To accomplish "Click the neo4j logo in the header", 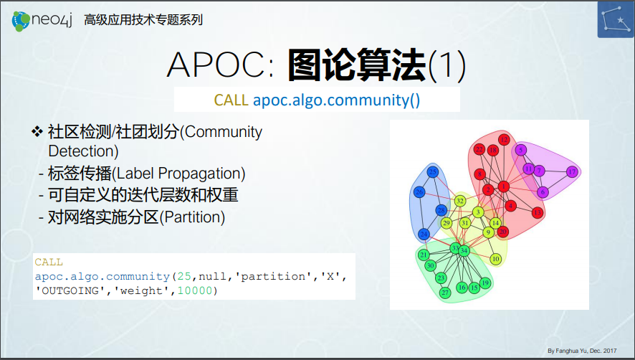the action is (x=42, y=20).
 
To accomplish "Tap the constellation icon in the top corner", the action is (x=616, y=19).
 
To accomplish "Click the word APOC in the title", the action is (x=216, y=65).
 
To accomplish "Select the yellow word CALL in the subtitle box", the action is (x=231, y=100).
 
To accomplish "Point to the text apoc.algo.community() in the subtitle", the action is (x=337, y=100).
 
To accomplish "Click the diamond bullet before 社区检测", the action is (x=37, y=132).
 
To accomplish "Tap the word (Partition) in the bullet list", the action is (x=192, y=217).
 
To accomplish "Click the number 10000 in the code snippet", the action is (x=195, y=290).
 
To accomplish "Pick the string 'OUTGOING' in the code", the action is (x=70, y=290).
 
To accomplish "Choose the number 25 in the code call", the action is (x=184, y=276).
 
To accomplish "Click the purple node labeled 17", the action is (x=572, y=171).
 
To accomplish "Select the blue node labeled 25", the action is (x=432, y=171).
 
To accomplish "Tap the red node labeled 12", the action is (x=504, y=140).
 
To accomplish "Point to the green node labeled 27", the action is (x=445, y=293).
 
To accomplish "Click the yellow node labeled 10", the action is (x=496, y=259).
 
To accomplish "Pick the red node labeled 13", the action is (x=538, y=212).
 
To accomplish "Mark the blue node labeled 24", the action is (x=424, y=234).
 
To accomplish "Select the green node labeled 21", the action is (x=424, y=255).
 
